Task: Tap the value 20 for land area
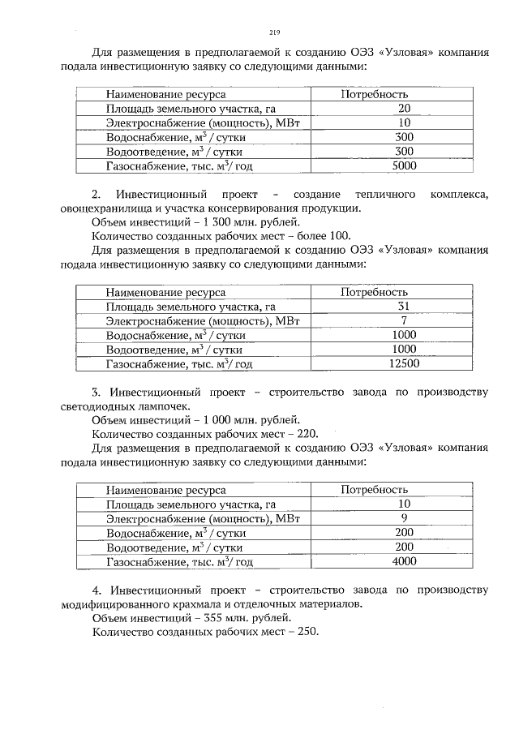[404, 108]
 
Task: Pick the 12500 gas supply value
[404, 364]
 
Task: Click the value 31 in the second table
[404, 306]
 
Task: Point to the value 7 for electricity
[404, 320]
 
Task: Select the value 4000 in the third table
[404, 561]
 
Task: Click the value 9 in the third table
[404, 517]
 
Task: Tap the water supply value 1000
[404, 335]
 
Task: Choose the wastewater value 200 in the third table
[404, 547]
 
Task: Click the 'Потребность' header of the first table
[374, 94]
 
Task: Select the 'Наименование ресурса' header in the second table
[165, 292]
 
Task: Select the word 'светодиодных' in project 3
[94, 406]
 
